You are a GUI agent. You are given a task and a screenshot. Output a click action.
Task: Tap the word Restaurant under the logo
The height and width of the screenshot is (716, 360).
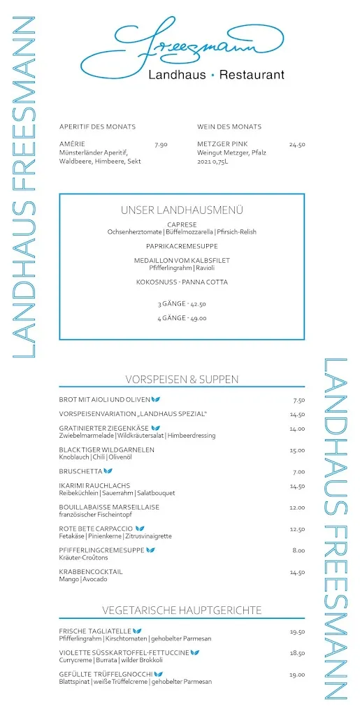tap(252, 75)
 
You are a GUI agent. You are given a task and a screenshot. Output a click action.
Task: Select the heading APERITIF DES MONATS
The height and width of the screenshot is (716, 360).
tap(97, 127)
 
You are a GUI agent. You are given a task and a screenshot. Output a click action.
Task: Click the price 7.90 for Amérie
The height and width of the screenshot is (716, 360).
tap(161, 145)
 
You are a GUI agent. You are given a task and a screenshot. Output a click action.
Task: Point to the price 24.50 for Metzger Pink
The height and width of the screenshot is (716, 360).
tap(297, 145)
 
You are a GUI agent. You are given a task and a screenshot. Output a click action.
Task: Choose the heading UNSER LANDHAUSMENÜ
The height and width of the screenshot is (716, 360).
tap(182, 210)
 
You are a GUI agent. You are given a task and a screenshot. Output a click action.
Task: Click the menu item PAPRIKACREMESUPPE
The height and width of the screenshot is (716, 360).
tap(182, 246)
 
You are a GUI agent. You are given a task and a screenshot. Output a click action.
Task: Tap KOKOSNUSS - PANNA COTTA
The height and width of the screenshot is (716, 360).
tap(182, 282)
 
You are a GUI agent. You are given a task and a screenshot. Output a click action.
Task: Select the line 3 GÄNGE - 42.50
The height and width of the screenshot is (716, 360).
tap(182, 304)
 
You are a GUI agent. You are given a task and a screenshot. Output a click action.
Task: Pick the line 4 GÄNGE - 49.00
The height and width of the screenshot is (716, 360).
tap(182, 318)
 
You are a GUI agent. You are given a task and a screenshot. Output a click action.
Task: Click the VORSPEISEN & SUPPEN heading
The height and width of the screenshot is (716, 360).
tap(182, 380)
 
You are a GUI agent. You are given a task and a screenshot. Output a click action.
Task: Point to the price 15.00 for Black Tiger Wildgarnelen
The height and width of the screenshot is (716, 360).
tap(297, 450)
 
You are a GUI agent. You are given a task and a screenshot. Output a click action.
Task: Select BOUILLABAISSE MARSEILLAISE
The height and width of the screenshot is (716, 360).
tap(109, 507)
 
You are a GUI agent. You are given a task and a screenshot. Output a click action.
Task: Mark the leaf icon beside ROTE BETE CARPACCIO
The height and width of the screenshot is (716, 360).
tap(140, 529)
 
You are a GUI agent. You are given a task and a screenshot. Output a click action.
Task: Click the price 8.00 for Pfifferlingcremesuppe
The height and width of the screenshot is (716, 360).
tap(298, 550)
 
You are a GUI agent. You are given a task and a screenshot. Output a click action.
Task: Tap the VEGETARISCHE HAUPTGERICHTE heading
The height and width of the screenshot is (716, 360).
tap(182, 610)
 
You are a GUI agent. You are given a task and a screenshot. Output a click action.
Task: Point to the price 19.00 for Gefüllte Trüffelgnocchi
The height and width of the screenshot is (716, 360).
tap(297, 675)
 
